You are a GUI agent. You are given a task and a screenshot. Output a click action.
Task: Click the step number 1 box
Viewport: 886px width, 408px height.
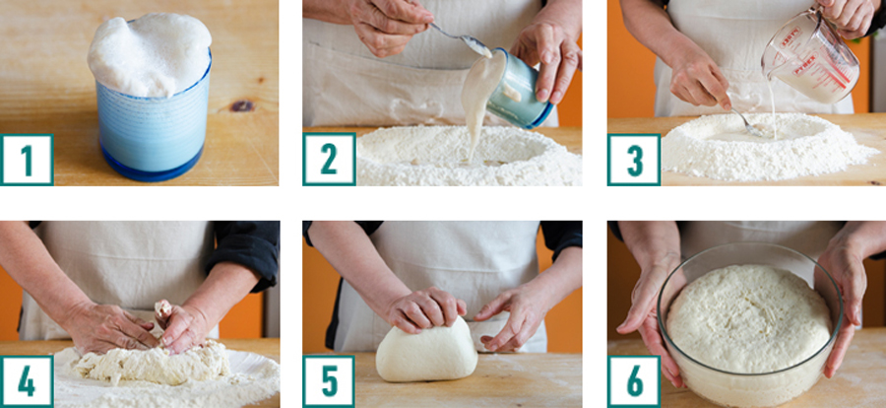pyautogui.click(x=28, y=160)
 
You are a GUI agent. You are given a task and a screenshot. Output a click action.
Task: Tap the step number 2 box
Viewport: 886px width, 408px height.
pyautogui.click(x=329, y=160)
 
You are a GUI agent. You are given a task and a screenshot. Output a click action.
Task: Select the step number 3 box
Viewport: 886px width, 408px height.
pyautogui.click(x=634, y=160)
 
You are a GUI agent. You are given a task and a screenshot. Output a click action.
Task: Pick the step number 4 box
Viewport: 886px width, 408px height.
pyautogui.click(x=28, y=382)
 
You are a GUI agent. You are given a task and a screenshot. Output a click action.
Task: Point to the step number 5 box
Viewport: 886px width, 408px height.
pyautogui.click(x=329, y=382)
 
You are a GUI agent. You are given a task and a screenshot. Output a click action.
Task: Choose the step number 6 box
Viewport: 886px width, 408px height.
pyautogui.click(x=634, y=382)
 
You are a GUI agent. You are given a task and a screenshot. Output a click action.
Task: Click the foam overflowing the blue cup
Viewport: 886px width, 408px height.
pyautogui.click(x=150, y=54)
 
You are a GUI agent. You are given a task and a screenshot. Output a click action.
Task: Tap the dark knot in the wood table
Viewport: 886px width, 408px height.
pyautogui.click(x=242, y=105)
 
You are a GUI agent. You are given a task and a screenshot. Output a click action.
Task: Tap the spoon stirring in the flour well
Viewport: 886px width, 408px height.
pyautogui.click(x=745, y=121)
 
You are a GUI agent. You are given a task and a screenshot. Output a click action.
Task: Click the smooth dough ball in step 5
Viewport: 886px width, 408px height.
pyautogui.click(x=426, y=351)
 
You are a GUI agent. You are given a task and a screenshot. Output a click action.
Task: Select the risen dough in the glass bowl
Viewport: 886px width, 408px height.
pyautogui.click(x=749, y=317)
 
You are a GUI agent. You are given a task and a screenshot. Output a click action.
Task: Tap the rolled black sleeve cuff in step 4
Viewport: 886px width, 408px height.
pyautogui.click(x=244, y=254)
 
